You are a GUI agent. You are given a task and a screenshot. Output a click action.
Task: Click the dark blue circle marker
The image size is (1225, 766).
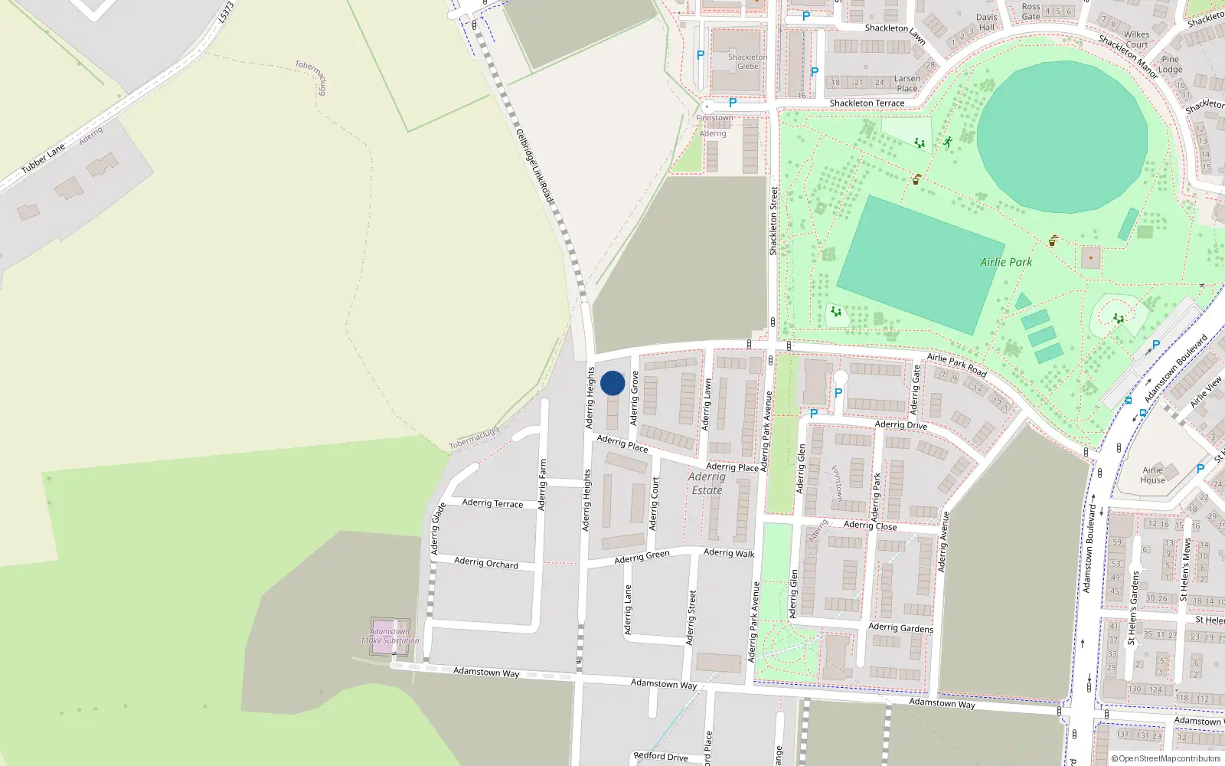(612, 383)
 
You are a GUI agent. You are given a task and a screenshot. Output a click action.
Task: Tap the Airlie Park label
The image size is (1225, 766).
(1006, 262)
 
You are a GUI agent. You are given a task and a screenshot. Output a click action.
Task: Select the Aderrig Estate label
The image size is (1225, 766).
(706, 483)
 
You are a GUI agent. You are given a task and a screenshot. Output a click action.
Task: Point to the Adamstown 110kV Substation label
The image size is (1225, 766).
(390, 637)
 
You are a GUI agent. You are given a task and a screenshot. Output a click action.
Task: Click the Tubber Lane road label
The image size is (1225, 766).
(43, 159)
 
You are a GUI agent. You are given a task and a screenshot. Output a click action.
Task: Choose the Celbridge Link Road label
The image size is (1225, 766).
(534, 166)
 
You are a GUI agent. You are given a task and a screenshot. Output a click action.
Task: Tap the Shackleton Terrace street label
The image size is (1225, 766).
(867, 103)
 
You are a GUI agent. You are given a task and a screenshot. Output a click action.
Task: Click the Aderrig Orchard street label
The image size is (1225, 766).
(486, 562)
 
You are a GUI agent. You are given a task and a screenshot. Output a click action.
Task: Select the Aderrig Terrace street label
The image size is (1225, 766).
(492, 503)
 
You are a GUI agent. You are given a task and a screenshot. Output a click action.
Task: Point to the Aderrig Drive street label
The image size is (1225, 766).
(900, 425)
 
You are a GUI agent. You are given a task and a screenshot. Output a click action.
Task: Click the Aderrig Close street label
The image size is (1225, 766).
(870, 525)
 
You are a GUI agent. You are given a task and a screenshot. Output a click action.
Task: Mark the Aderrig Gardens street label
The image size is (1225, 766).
(900, 628)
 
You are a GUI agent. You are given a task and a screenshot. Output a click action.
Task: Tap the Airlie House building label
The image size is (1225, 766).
(1152, 475)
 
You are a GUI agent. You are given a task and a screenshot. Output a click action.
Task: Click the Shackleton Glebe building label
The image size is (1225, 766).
(747, 62)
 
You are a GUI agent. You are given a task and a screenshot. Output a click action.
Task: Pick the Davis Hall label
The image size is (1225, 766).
(987, 22)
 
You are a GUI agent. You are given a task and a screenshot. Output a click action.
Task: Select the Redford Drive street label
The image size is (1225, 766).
(661, 757)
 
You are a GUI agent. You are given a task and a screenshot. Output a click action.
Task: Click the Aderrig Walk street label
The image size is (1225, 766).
(729, 553)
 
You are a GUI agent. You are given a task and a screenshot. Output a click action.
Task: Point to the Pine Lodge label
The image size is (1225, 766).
(1171, 64)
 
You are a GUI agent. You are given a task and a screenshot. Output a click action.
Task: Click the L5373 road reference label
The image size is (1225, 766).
(226, 11)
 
